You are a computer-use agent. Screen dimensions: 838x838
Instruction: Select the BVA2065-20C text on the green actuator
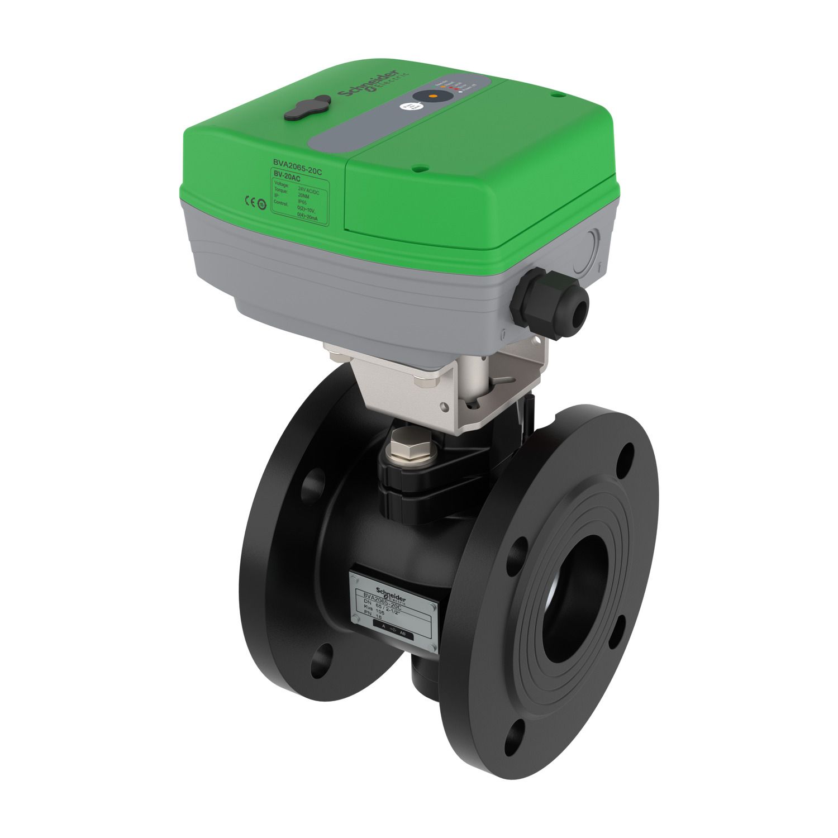tap(297, 164)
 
